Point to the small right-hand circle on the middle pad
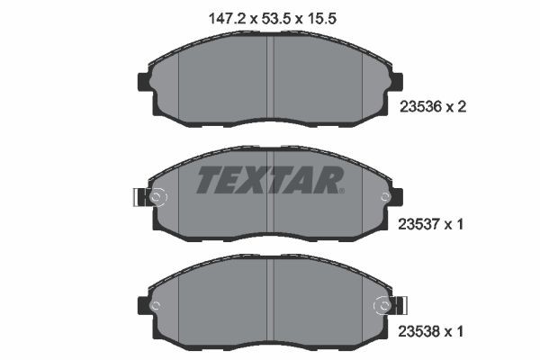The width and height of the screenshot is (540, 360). pos(385,197)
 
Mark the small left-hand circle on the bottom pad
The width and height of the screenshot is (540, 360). pos(154,306)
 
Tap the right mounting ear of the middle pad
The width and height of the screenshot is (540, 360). pos(397,197)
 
